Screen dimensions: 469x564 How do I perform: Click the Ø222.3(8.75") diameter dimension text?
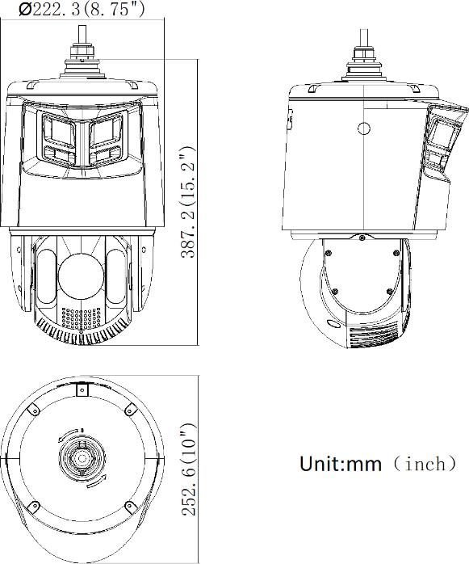[x=82, y=9]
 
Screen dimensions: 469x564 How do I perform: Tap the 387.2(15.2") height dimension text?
[x=188, y=202]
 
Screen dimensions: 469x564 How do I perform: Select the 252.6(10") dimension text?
[x=189, y=469]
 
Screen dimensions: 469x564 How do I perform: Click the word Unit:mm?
[x=341, y=464]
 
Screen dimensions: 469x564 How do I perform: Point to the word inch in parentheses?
[x=425, y=463]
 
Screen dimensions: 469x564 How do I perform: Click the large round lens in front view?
[x=81, y=277]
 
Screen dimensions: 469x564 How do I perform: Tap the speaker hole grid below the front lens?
[x=82, y=318]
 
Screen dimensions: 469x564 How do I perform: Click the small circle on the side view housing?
[x=364, y=128]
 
